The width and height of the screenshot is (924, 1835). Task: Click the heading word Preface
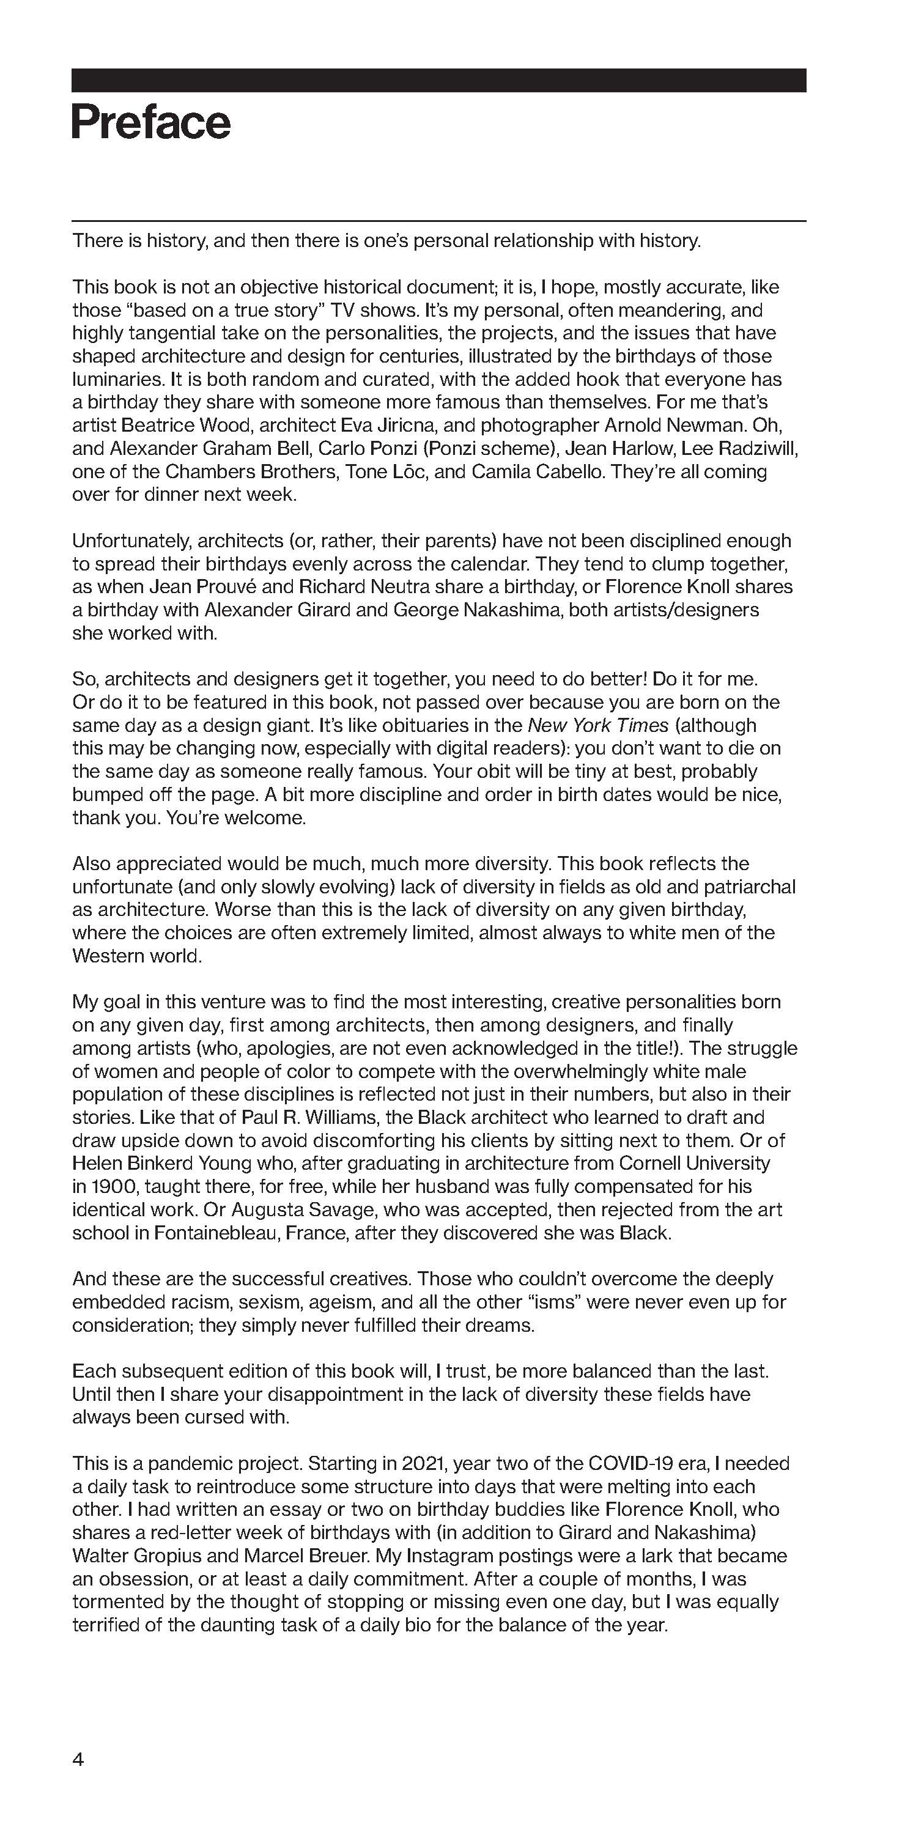151,122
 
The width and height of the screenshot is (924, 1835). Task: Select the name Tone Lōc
386,471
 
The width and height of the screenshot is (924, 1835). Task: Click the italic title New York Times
597,725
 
